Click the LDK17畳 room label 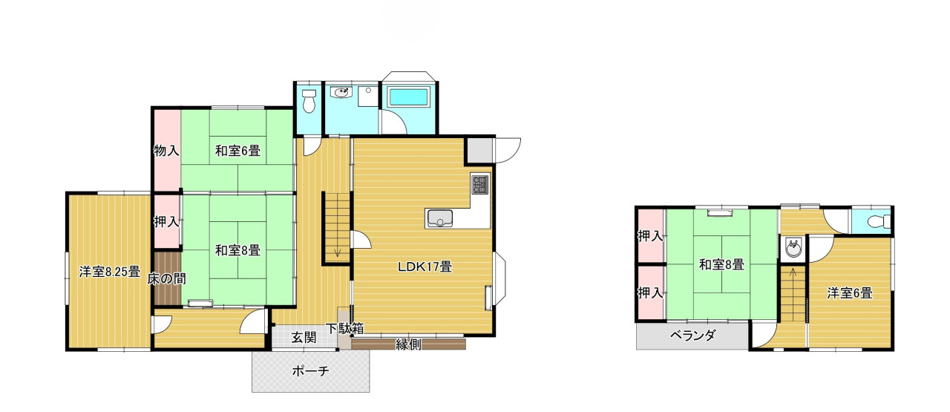pyautogui.click(x=425, y=267)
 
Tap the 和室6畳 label pyautogui.click(x=237, y=151)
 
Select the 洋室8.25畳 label pyautogui.click(x=110, y=272)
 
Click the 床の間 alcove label pyautogui.click(x=167, y=279)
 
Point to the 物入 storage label pyautogui.click(x=166, y=150)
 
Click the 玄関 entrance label pyautogui.click(x=304, y=338)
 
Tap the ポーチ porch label pyautogui.click(x=310, y=371)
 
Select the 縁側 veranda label pyautogui.click(x=408, y=344)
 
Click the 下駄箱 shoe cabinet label pyautogui.click(x=344, y=328)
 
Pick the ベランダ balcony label pyautogui.click(x=693, y=336)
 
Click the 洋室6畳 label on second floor pyautogui.click(x=850, y=293)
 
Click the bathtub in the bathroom pyautogui.click(x=408, y=97)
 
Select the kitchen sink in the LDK pyautogui.click(x=440, y=218)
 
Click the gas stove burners pyautogui.click(x=480, y=185)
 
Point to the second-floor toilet pyautogui.click(x=879, y=221)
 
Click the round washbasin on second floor pyautogui.click(x=793, y=247)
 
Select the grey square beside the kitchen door pyautogui.click(x=480, y=150)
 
